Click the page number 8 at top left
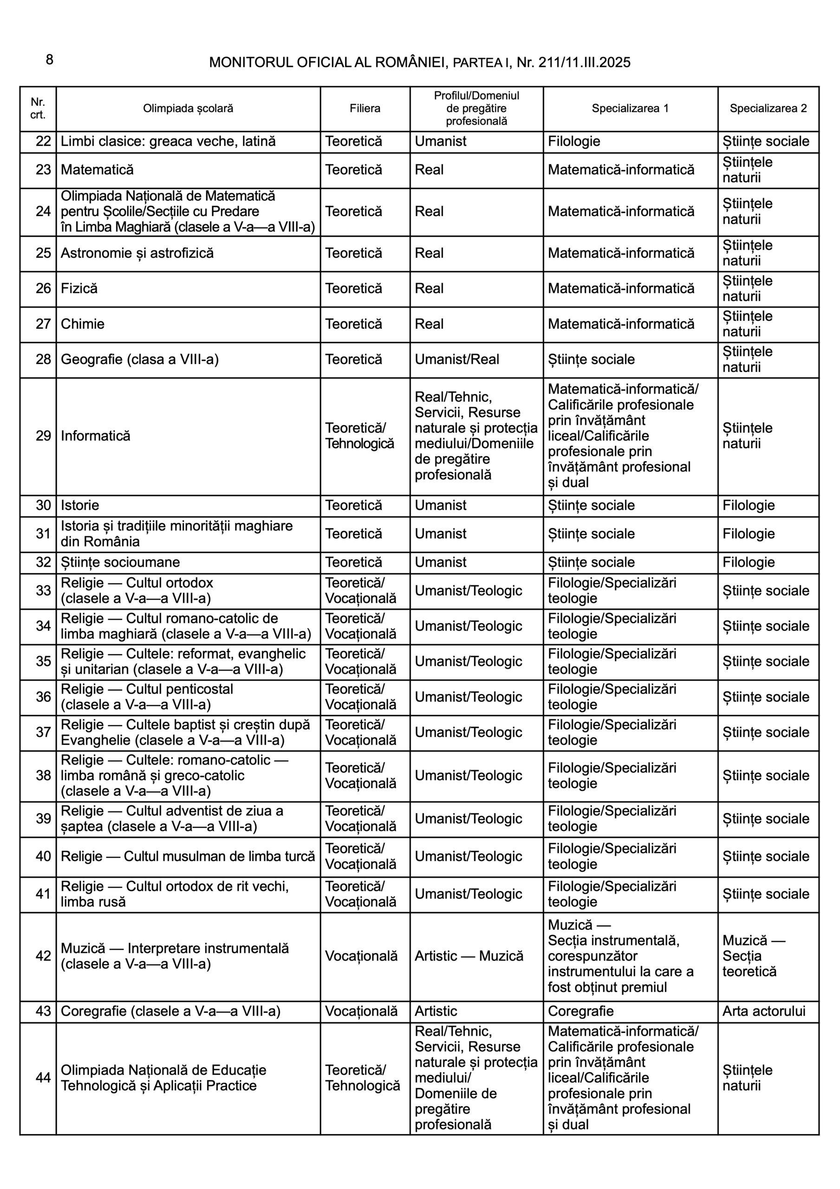click(49, 60)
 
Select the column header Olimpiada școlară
click(188, 109)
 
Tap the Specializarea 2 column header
click(768, 109)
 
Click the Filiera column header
click(365, 109)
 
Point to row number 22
click(43, 141)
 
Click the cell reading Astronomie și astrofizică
click(137, 253)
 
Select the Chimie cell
click(83, 324)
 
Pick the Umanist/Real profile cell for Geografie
click(457, 359)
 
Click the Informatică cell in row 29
click(96, 436)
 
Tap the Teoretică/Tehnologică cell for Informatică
click(359, 436)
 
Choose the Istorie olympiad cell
click(80, 505)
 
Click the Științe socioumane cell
click(120, 562)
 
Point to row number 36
click(43, 697)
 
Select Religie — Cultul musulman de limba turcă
click(188, 856)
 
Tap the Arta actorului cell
click(764, 1012)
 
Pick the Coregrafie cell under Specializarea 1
click(580, 1012)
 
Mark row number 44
click(43, 1078)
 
